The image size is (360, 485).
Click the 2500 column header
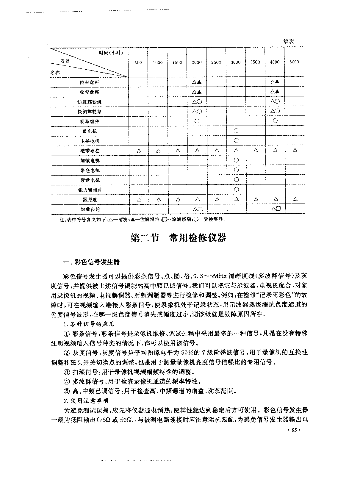[216, 62]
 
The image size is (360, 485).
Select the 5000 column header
[294, 62]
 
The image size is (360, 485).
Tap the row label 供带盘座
[89, 82]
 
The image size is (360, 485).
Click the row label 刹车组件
[89, 121]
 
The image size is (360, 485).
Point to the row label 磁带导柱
[89, 151]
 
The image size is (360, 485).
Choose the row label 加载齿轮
[89, 209]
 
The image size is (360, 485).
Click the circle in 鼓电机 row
[236, 131]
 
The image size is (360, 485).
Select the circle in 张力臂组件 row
[236, 189]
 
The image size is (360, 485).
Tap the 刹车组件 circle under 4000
[275, 121]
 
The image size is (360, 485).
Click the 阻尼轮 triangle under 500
[139, 200]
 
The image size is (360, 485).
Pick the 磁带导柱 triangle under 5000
[295, 151]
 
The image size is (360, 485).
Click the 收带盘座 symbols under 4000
[275, 92]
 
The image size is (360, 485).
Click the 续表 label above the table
[289, 42]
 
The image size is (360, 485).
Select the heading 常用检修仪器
[198, 238]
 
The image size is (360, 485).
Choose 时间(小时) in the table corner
[111, 53]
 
